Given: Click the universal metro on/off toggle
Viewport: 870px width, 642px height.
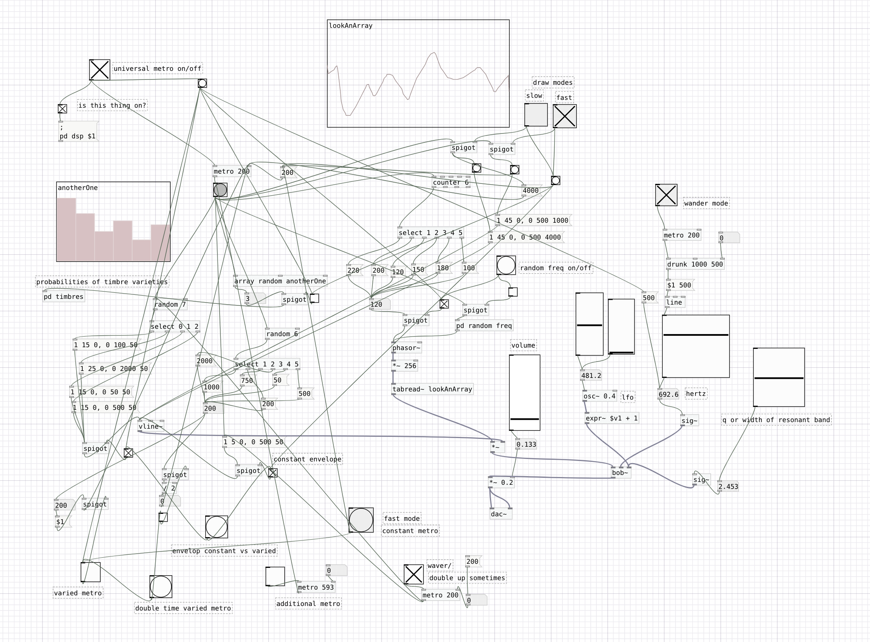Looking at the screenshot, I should pos(100,70).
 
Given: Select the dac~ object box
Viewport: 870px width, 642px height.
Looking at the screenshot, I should pos(501,514).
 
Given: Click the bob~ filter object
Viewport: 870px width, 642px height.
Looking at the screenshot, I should pos(621,473).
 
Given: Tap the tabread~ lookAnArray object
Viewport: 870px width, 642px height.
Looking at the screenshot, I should pos(433,389).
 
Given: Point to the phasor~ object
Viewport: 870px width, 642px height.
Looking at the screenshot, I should pos(406,348).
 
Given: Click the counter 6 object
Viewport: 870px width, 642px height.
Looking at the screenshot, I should pos(451,183).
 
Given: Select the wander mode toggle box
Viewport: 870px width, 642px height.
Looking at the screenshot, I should pos(666,195).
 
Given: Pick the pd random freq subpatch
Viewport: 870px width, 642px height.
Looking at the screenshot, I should pos(484,326).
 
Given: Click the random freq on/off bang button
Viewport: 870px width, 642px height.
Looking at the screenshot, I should pos(506,265).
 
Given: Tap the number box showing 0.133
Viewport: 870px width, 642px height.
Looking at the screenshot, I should pos(526,444).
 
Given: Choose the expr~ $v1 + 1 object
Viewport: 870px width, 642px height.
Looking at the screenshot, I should pos(612,418).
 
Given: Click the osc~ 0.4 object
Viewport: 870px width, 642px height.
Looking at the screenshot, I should pos(599,396).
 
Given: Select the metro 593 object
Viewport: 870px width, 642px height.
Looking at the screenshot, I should pos(316,587).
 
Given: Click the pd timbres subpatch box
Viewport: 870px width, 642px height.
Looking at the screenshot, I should pos(63,297).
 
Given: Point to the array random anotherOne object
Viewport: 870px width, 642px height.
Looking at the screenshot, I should pos(280,281).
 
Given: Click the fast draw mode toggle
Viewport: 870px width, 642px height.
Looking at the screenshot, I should pos(564,116).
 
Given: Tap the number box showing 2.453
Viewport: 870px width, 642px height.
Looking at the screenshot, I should pos(728,487).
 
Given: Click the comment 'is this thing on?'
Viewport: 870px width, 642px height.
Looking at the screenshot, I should pos(112,106).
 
